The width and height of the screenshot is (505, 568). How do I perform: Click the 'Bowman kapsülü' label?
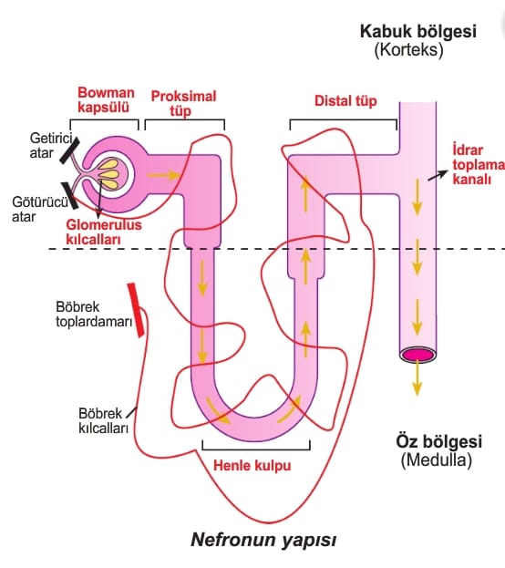106,100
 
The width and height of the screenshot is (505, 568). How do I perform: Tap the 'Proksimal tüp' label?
183,104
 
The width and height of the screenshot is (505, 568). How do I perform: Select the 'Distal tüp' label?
345,100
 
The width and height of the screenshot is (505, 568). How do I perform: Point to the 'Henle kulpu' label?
252,465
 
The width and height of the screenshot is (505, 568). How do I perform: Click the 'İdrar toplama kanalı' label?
479,164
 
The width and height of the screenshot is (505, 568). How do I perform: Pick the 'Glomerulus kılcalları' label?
104,232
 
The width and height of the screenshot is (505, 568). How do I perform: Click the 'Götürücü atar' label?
40,209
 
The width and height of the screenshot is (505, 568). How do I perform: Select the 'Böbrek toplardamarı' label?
94,314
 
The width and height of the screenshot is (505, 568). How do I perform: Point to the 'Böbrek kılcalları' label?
104,420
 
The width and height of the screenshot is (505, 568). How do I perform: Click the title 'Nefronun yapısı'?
263,540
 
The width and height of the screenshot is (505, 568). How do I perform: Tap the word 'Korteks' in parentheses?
408,49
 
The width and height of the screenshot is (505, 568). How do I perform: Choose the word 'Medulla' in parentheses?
437,460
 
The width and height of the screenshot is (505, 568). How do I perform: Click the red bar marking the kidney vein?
136,310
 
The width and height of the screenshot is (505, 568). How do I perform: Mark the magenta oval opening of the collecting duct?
417,354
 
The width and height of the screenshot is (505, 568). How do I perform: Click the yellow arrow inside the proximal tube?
163,175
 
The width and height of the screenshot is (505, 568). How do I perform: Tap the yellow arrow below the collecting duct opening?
417,377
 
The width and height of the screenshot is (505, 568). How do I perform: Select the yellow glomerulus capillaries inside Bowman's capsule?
109,174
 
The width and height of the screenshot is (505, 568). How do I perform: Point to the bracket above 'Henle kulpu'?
256,449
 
